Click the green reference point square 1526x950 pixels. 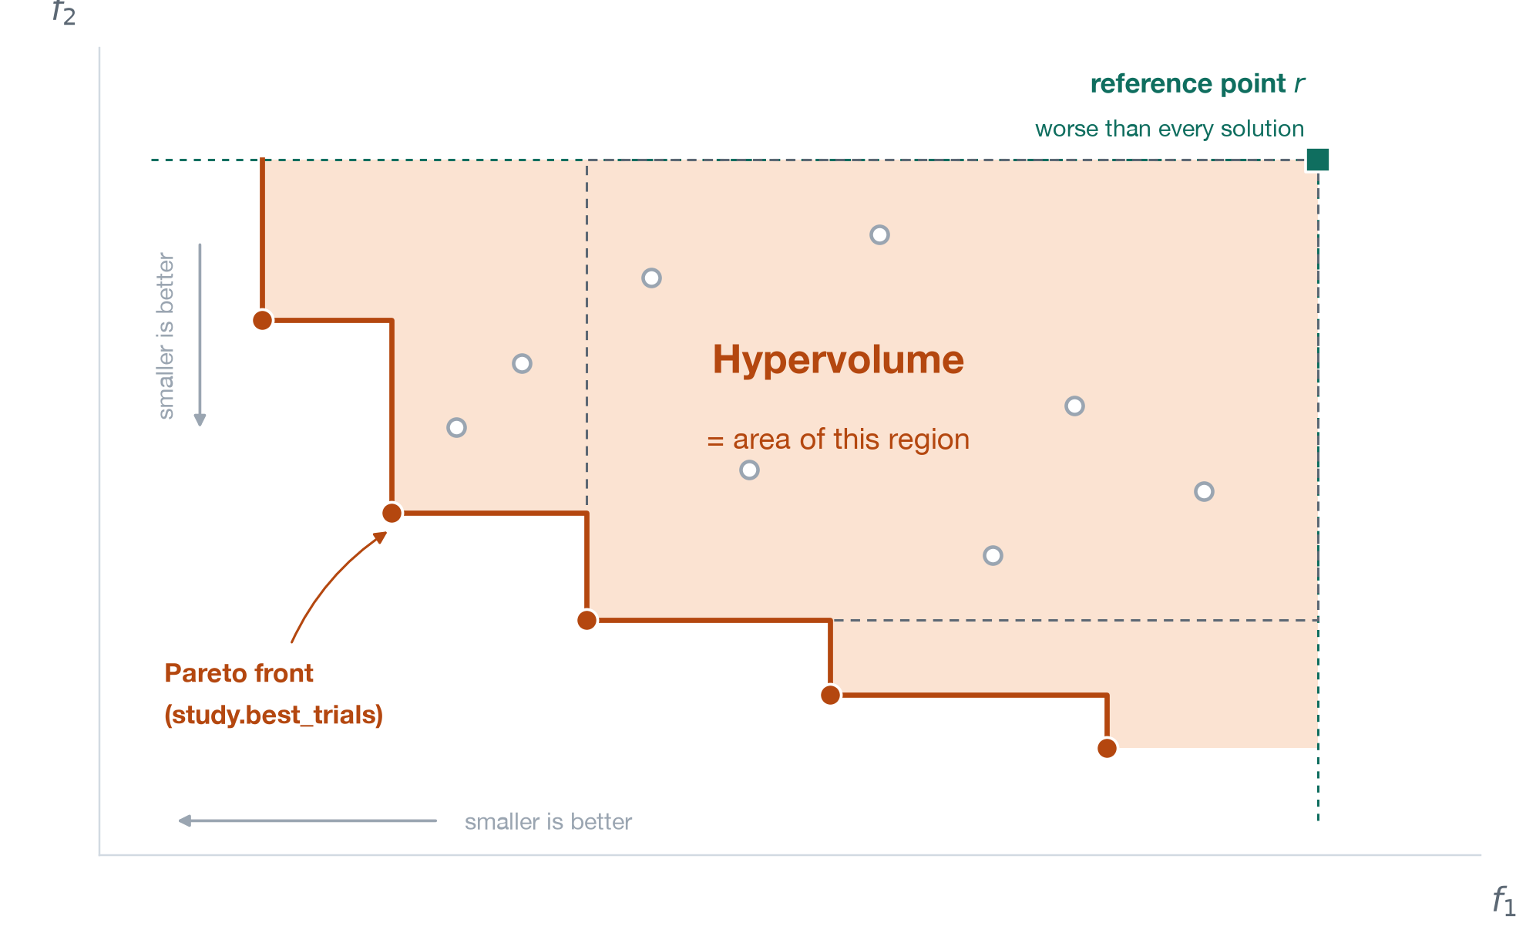pyautogui.click(x=1318, y=160)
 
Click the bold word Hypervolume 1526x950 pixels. pyautogui.click(x=838, y=360)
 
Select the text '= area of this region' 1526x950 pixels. pyautogui.click(x=838, y=440)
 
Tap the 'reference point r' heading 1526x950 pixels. pyautogui.click(x=1197, y=83)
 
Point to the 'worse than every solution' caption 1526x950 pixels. pyautogui.click(x=1169, y=129)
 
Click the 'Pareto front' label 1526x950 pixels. pyautogui.click(x=239, y=673)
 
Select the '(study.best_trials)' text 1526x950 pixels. pyautogui.click(x=274, y=715)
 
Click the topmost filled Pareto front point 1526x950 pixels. pyautogui.click(x=263, y=320)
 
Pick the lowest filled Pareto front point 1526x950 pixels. pyautogui.click(x=1107, y=748)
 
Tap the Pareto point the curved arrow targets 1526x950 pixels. pyautogui.click(x=392, y=513)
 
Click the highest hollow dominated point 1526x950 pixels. pyautogui.click(x=879, y=234)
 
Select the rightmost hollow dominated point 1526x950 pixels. pyautogui.click(x=1204, y=491)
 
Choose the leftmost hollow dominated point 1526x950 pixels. pyautogui.click(x=456, y=427)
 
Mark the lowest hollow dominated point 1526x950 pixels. pyautogui.click(x=993, y=555)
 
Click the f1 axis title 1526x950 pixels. pyautogui.click(x=1504, y=901)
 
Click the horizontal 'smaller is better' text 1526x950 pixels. pyautogui.click(x=548, y=822)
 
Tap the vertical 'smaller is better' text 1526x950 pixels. pyautogui.click(x=166, y=335)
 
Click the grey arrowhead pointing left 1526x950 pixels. pyautogui.click(x=185, y=820)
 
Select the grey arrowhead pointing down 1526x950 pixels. pyautogui.click(x=200, y=419)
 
